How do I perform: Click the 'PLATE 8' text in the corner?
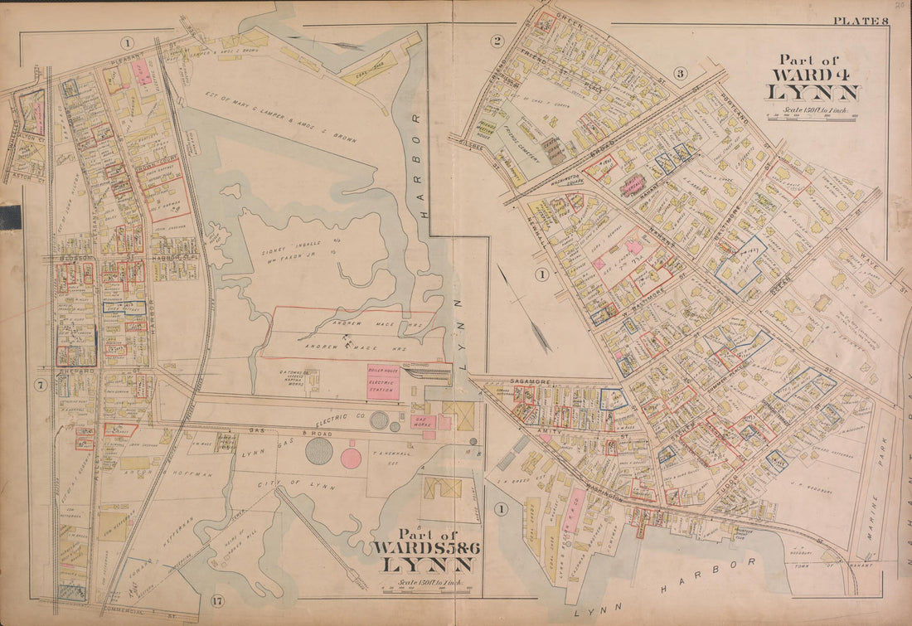(861, 21)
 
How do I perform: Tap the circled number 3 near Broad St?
(681, 74)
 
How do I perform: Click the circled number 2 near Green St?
(497, 41)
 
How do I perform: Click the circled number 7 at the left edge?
(39, 384)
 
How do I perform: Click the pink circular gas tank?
(351, 458)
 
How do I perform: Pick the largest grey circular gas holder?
(319, 450)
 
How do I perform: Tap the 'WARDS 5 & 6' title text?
(424, 547)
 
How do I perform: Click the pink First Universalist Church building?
(634, 185)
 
